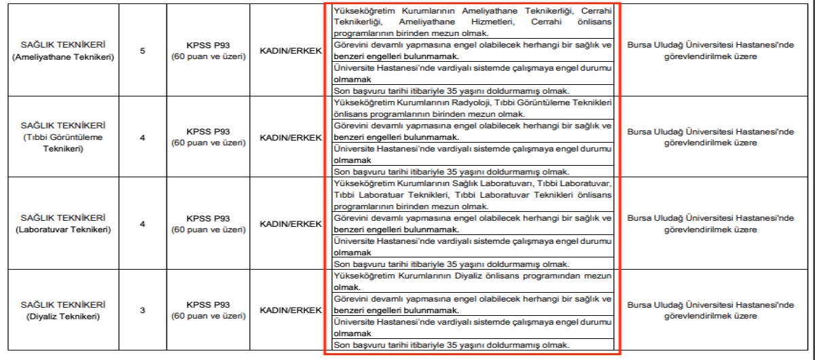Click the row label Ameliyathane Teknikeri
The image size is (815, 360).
coord(63,57)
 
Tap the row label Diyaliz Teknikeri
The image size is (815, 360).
coord(63,316)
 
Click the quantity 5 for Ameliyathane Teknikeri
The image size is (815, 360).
coord(143,51)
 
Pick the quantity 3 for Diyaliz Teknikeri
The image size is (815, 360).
coord(143,310)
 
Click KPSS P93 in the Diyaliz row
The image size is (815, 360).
coord(209,305)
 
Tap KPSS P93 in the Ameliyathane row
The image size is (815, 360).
coord(209,46)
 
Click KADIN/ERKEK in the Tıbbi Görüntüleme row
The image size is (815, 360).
coord(291,137)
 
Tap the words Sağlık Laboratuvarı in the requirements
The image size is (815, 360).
coord(505,184)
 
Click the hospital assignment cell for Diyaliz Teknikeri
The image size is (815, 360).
coord(710,310)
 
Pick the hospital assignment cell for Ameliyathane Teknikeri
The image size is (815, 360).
coord(710,51)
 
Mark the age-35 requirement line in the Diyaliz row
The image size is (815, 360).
coord(452,345)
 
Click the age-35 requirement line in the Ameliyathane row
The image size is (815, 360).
coord(452,90)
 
